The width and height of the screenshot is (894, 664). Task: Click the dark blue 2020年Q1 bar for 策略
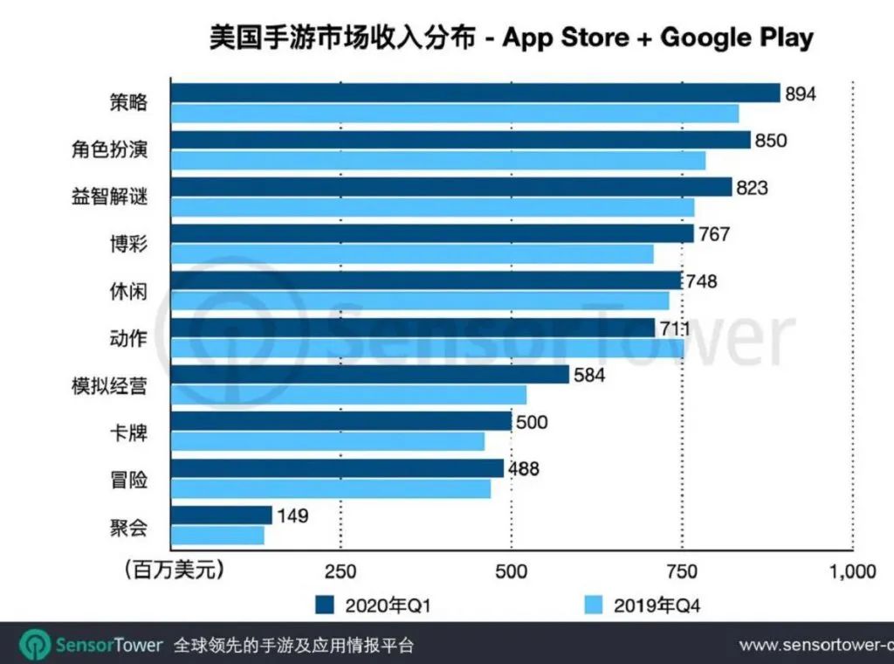476,93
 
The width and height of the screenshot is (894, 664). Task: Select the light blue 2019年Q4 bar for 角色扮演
438,161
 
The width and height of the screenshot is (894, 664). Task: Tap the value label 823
751,187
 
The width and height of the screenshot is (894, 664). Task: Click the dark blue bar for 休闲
426,280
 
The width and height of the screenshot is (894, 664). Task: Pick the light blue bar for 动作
428,348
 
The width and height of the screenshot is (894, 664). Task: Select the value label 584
589,376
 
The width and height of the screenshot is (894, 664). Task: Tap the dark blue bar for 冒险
337,468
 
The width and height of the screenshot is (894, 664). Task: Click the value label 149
292,515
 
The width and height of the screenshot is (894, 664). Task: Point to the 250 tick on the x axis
340,572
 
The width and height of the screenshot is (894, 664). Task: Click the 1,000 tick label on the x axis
853,572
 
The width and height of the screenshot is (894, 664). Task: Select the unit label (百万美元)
174,571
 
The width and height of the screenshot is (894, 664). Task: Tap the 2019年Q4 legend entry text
669,605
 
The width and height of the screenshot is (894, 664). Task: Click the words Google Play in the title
737,38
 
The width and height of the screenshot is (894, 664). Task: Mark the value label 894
801,93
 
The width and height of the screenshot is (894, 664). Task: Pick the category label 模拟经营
110,385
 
